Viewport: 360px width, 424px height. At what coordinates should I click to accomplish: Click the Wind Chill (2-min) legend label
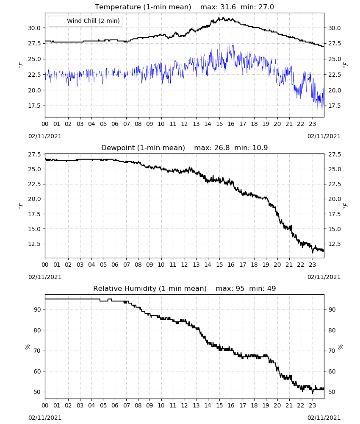click(93, 21)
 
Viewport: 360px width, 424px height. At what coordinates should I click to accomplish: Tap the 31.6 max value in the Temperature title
click(228, 7)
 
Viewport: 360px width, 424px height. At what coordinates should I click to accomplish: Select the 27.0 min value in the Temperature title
click(266, 7)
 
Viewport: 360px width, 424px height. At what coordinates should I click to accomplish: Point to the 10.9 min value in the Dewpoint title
click(260, 148)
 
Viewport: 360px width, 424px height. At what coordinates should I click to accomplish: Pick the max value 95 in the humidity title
click(240, 288)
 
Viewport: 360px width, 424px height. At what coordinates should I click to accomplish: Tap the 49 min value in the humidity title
click(271, 288)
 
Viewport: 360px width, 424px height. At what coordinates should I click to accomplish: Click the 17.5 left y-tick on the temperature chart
click(34, 106)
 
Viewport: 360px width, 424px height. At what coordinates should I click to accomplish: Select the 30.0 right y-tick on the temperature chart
click(334, 28)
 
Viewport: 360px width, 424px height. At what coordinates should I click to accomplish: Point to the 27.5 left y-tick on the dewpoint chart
click(34, 154)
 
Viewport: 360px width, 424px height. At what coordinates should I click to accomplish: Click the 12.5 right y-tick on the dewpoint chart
click(334, 244)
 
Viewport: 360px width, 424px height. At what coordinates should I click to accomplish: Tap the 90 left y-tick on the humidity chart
click(37, 310)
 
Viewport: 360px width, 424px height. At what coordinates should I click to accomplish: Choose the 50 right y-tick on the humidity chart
click(332, 392)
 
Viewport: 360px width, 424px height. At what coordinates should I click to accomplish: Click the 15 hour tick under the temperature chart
click(219, 124)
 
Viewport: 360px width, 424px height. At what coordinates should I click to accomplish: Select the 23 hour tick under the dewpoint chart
click(312, 265)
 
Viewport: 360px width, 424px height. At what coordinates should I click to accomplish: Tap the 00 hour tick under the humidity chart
click(45, 405)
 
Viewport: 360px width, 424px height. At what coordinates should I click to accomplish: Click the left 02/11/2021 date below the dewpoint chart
click(45, 277)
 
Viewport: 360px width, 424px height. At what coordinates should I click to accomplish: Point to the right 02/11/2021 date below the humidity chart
click(324, 418)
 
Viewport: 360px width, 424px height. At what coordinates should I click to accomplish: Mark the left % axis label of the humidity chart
click(27, 347)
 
